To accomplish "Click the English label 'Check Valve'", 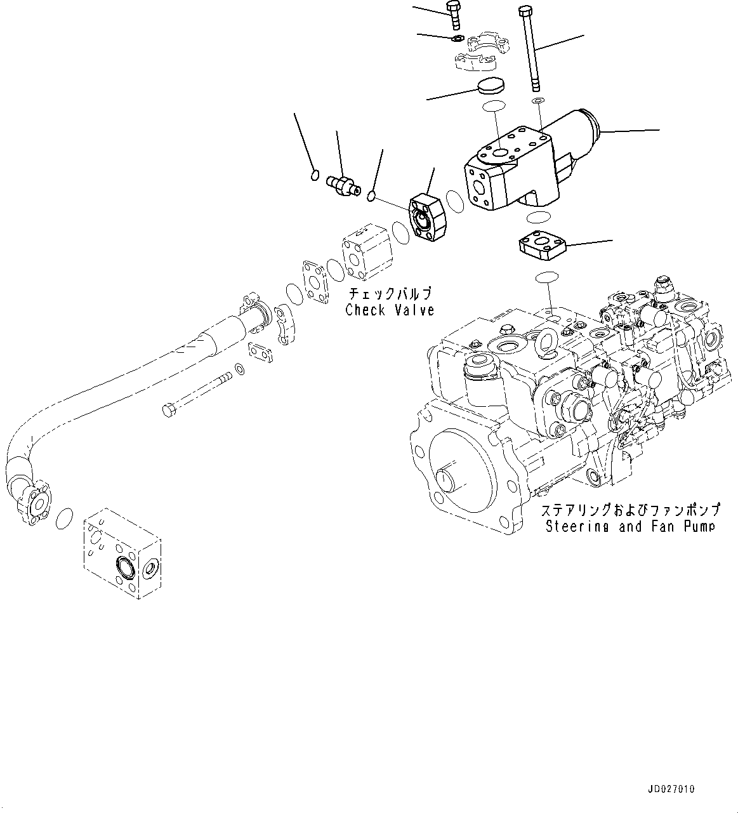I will coord(390,310).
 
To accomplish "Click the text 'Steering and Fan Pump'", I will coord(629,526).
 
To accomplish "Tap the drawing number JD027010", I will coord(671,789).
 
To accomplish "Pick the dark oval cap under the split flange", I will coord(489,85).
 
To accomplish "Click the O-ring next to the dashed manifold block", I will coord(64,519).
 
